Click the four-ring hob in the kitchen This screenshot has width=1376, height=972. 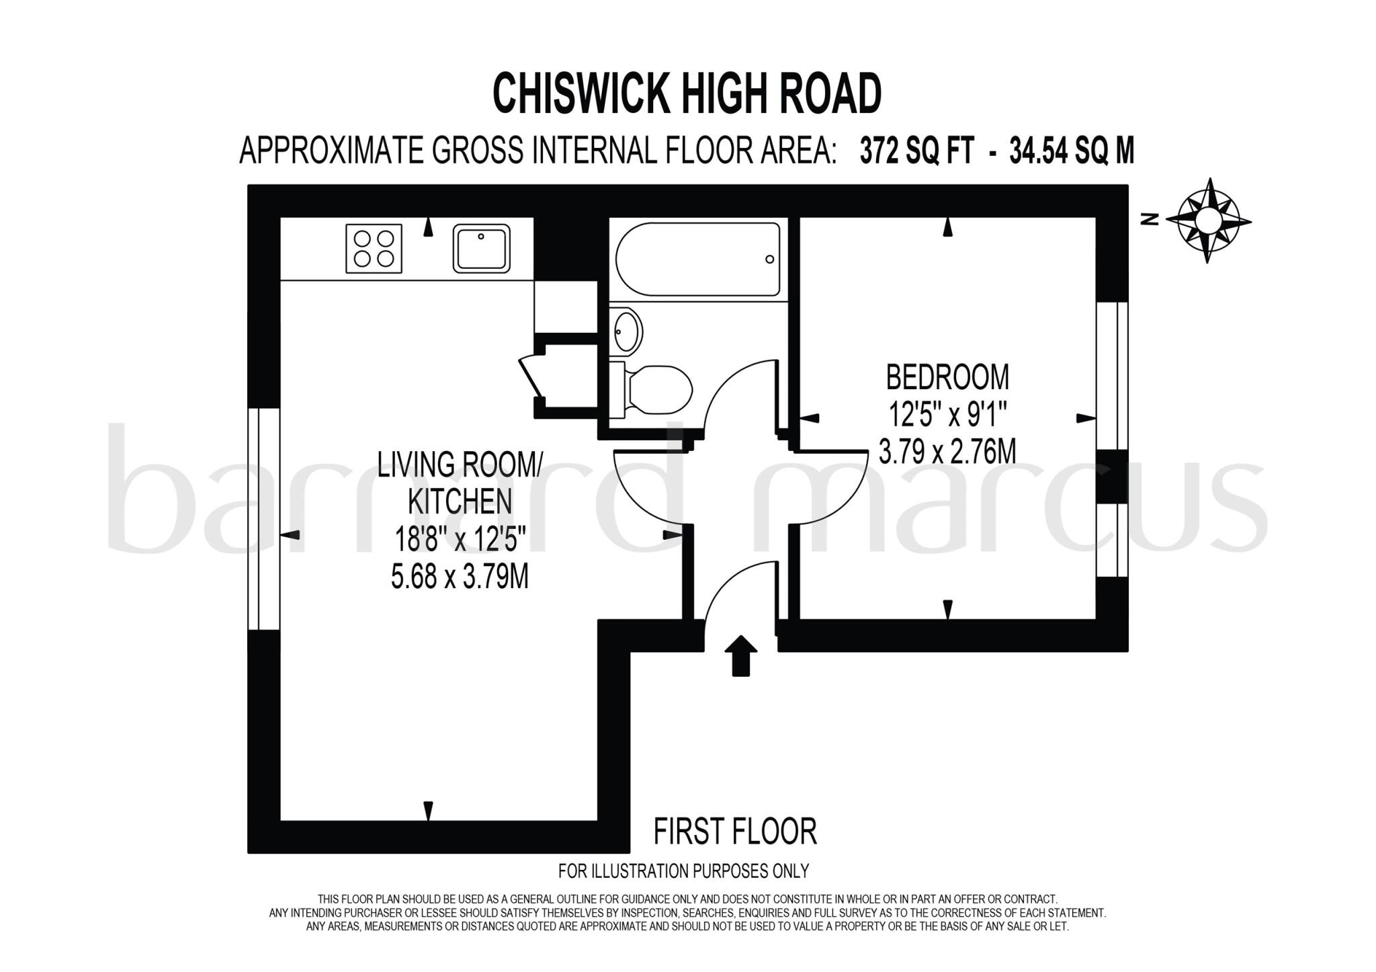pos(374,249)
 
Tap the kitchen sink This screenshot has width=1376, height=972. pos(481,249)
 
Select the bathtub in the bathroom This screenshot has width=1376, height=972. pos(697,259)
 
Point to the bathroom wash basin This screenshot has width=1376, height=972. pos(627,331)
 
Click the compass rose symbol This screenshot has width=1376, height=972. pos(1208,220)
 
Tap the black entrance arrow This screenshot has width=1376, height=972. pos(740,655)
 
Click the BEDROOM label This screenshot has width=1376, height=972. pos(947,377)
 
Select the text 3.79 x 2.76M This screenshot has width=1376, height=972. pos(947,451)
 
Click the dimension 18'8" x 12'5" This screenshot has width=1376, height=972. pos(460,539)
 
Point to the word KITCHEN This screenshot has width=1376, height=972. pos(460,501)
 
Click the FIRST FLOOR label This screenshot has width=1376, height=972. pos(735,832)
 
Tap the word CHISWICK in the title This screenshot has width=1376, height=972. pos(581,94)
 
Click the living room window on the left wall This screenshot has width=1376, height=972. pos(263,518)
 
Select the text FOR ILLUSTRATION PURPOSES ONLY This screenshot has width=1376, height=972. pos(683,871)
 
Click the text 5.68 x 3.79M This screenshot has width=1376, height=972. pos(460,577)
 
